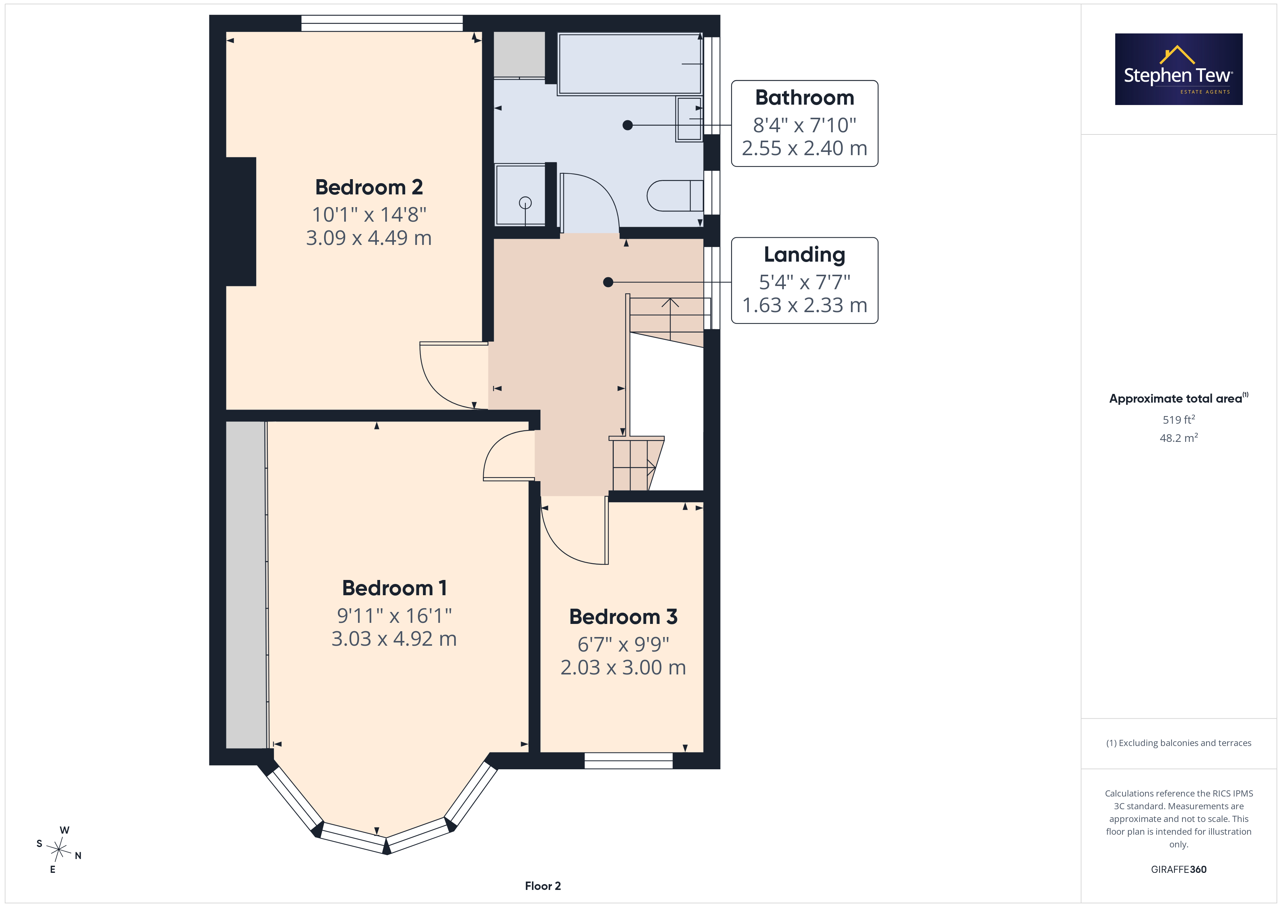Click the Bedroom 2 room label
(x=369, y=187)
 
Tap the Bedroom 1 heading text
(x=394, y=588)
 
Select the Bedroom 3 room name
(x=623, y=617)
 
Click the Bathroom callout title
(x=805, y=98)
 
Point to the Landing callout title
(x=805, y=255)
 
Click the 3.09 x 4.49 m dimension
(x=369, y=238)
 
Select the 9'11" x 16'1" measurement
(x=394, y=616)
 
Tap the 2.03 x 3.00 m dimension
(x=623, y=668)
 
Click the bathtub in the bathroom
(x=630, y=64)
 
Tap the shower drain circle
(x=525, y=203)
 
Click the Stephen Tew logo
(x=1179, y=69)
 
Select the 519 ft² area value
(x=1179, y=419)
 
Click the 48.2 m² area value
(x=1179, y=438)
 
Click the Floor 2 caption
(x=543, y=886)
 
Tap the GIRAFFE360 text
(x=1179, y=870)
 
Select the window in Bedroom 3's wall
(x=629, y=761)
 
